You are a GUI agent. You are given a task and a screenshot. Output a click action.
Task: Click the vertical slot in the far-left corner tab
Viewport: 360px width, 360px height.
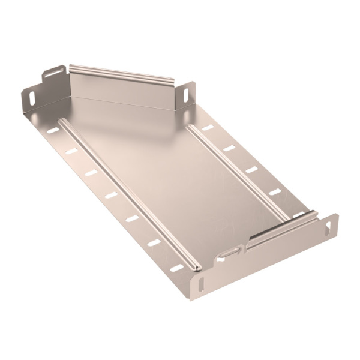[x=28, y=95]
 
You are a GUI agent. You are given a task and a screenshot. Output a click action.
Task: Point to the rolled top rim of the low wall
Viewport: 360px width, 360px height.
[x=282, y=228]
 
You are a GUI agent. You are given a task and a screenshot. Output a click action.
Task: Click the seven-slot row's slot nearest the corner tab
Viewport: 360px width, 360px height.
[x=53, y=130]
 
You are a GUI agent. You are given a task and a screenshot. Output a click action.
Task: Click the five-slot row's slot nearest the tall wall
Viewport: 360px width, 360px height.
[x=207, y=128]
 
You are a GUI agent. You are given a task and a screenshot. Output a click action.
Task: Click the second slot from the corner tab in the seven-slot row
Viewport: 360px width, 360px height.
[x=71, y=151]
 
